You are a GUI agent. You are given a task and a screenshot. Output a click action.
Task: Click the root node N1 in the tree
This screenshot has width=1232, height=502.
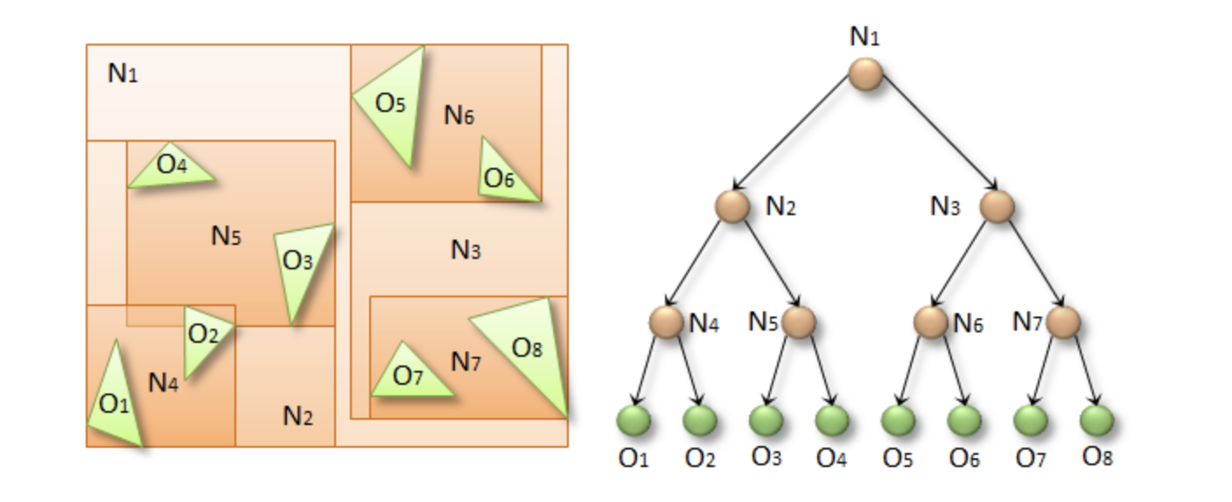(864, 73)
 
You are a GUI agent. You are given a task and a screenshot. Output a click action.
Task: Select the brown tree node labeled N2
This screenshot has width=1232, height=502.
(732, 206)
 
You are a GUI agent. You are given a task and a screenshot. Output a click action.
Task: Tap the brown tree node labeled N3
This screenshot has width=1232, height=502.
(997, 206)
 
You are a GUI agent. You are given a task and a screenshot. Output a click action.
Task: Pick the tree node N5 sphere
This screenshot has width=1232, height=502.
(799, 322)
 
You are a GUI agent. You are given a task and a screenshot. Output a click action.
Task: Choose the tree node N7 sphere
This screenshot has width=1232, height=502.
(1063, 322)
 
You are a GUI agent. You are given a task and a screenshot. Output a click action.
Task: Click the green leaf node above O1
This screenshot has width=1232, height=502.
(633, 421)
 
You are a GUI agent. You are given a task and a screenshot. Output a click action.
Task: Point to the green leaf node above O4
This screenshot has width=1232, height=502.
(831, 421)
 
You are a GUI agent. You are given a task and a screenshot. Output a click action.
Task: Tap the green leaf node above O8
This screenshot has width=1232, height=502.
(1095, 421)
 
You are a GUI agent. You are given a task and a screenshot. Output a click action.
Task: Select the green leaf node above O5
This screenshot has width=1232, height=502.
(897, 421)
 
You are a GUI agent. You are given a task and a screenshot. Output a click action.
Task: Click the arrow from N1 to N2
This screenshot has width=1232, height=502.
(796, 140)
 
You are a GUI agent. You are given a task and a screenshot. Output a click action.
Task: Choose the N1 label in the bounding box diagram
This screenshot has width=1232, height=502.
(123, 73)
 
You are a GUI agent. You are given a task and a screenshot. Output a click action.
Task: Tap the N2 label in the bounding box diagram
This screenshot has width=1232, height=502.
(298, 416)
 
